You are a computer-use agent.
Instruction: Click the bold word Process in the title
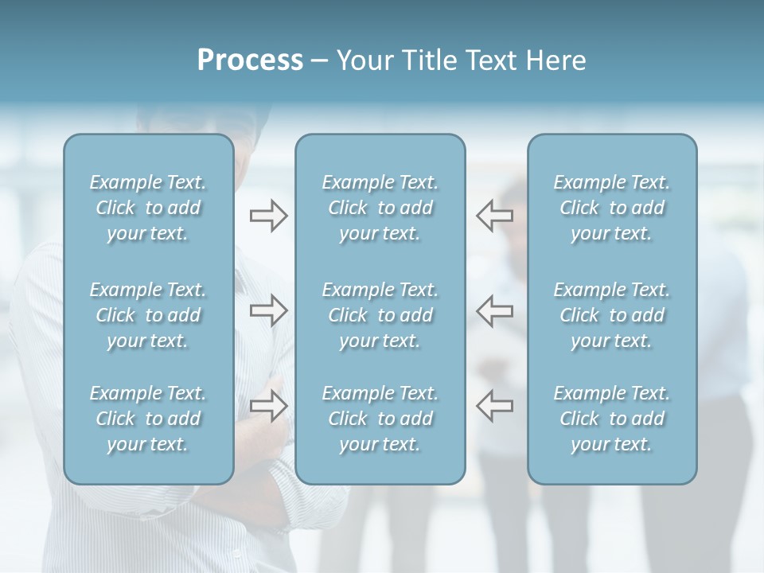[250, 60]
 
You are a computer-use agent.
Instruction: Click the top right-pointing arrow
[269, 215]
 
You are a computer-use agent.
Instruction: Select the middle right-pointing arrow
[269, 310]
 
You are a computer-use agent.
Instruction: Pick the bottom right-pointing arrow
[269, 406]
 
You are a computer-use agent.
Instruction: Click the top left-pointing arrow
[494, 215]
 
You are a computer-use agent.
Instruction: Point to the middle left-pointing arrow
[494, 310]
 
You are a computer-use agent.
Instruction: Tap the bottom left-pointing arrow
[494, 406]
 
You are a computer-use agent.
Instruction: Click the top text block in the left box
[148, 208]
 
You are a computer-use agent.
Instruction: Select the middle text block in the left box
[148, 315]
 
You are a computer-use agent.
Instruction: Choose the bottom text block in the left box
[148, 419]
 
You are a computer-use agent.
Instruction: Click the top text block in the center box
[380, 208]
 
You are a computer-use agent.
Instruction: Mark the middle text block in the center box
[380, 315]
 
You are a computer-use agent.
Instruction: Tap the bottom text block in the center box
[380, 419]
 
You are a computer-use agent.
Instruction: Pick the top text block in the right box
[612, 208]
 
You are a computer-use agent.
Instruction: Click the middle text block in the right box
[612, 315]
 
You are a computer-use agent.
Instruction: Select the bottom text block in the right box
[612, 419]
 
